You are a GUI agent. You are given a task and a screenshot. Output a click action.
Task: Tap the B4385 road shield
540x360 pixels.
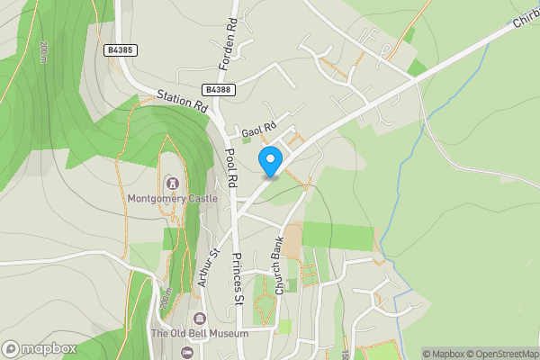[x=120, y=51]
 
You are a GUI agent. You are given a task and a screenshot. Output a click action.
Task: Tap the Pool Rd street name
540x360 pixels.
[x=231, y=168]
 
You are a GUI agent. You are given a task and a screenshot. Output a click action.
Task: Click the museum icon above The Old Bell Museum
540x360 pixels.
[x=200, y=319]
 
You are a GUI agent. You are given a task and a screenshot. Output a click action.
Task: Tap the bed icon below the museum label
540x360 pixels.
[x=186, y=351]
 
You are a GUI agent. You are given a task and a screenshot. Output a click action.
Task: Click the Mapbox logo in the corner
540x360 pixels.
[x=40, y=348]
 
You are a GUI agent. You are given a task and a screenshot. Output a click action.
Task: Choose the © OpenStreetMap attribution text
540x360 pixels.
[x=497, y=354]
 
